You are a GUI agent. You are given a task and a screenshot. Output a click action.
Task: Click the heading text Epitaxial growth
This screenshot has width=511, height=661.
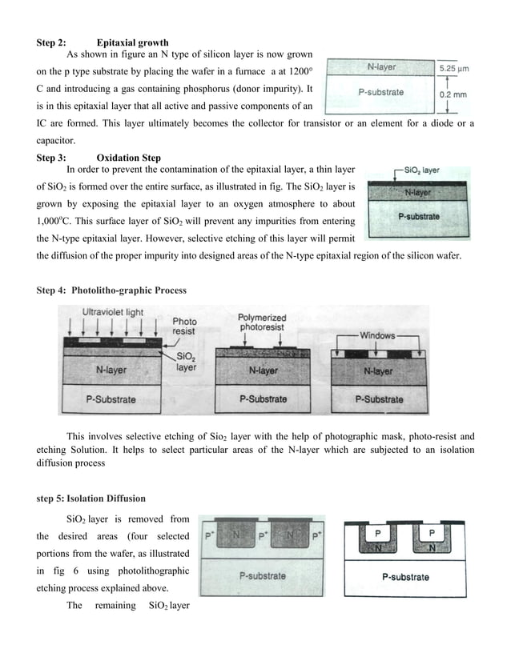point(132,42)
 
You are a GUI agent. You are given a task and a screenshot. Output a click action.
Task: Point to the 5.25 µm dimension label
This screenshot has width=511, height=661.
point(453,68)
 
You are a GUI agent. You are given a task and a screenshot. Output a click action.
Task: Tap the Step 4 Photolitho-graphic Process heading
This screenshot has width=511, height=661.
point(111,290)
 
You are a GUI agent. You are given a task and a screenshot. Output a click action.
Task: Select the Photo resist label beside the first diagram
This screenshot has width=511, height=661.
point(184,326)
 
